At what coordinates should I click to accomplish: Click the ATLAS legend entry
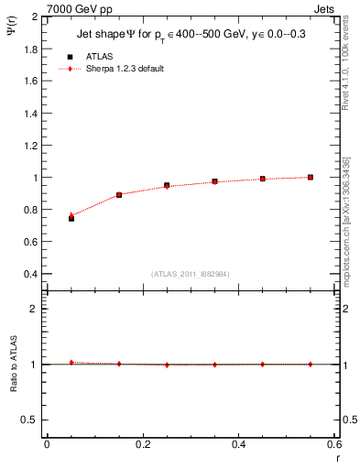point(99,56)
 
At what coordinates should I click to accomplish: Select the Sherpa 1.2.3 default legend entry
point(124,69)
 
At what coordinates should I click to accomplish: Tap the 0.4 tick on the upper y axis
point(32,274)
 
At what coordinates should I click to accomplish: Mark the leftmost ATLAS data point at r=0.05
point(71,218)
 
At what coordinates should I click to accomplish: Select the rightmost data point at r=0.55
point(311,177)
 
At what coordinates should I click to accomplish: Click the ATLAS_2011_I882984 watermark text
point(190,274)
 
